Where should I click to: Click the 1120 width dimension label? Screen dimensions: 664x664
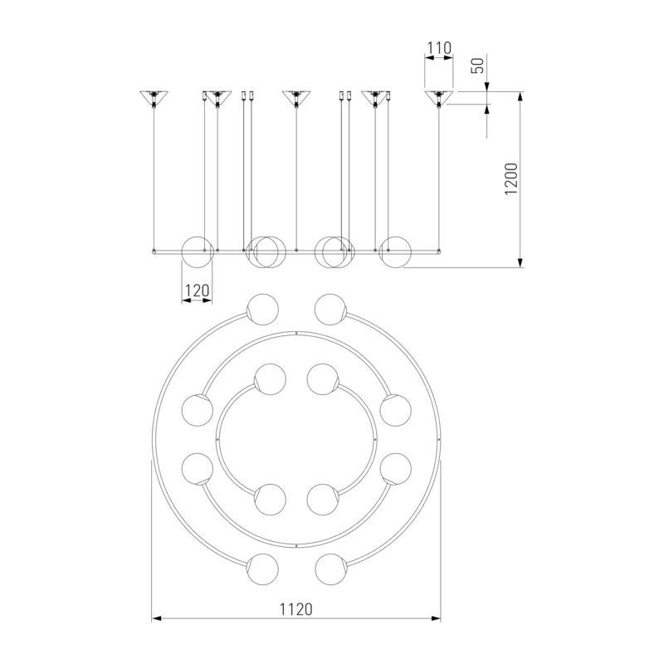pos(296,609)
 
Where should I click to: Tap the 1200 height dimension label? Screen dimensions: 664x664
pos(511,178)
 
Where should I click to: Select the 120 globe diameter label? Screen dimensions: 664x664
pos(197,290)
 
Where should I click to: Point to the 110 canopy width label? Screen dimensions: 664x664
pos(439,48)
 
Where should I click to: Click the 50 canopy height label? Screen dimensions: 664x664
pos(478,66)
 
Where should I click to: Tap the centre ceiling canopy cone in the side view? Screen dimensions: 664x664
pos(296,98)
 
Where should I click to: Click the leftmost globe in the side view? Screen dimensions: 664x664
pos(197,252)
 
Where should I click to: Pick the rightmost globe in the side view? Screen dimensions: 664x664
pos(395,252)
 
